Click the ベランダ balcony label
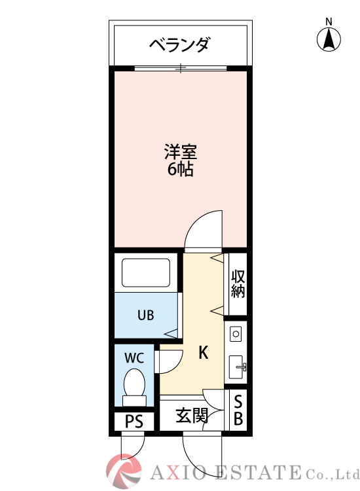[x=179, y=45]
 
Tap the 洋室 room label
[x=179, y=153]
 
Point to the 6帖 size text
[x=179, y=170]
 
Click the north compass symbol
[x=329, y=40]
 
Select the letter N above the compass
[x=329, y=22]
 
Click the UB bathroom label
[x=145, y=315]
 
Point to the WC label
[x=135, y=358]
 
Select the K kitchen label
[x=204, y=354]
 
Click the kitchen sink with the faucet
[x=236, y=367]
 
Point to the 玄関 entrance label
[x=191, y=415]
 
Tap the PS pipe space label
[x=134, y=421]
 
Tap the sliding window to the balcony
[x=181, y=67]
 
